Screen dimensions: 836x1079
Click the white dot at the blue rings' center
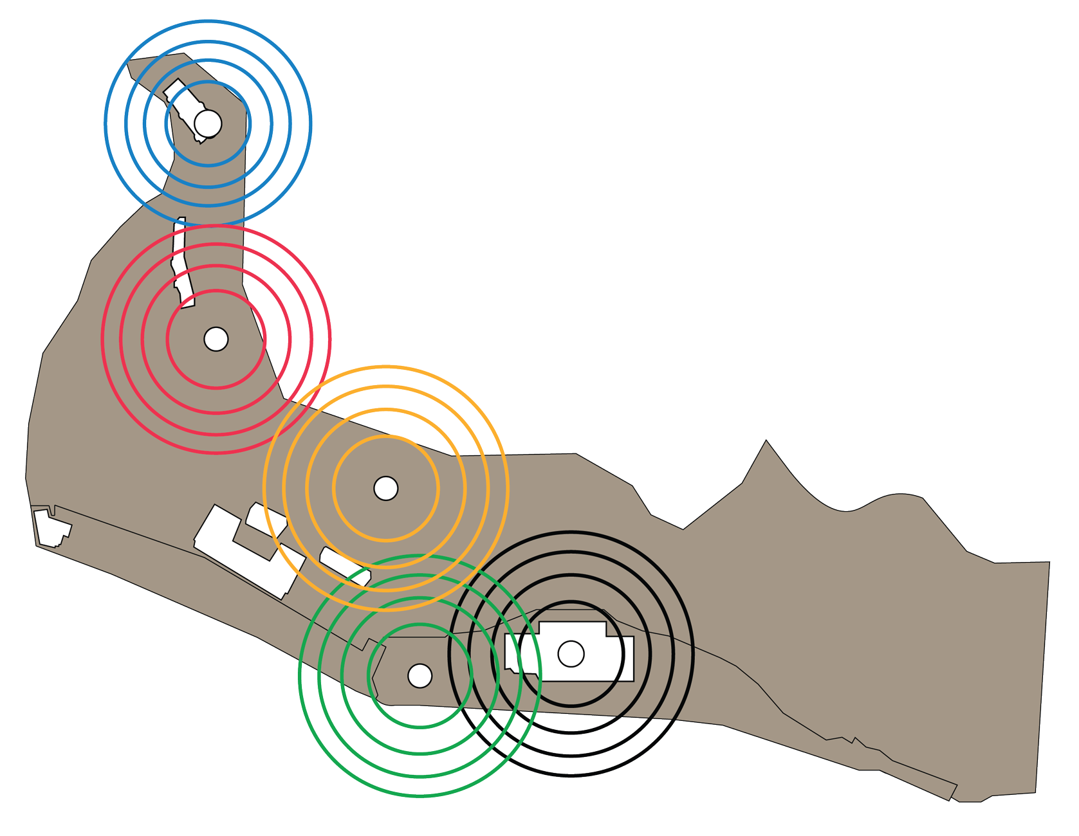(x=208, y=123)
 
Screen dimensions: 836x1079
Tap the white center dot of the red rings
(x=216, y=339)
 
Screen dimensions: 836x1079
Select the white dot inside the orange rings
(x=386, y=488)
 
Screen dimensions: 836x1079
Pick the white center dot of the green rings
(x=420, y=676)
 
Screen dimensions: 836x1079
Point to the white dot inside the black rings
(x=571, y=654)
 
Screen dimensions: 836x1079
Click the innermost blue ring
(x=208, y=82)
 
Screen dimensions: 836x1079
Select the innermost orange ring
(x=386, y=436)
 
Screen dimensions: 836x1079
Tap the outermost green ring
(x=420, y=796)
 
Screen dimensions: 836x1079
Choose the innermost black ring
(x=571, y=602)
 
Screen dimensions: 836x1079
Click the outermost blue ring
(x=208, y=21)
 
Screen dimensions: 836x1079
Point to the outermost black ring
(x=571, y=776)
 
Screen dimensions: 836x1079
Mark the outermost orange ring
(x=386, y=367)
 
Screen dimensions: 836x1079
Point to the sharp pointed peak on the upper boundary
(x=766, y=441)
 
